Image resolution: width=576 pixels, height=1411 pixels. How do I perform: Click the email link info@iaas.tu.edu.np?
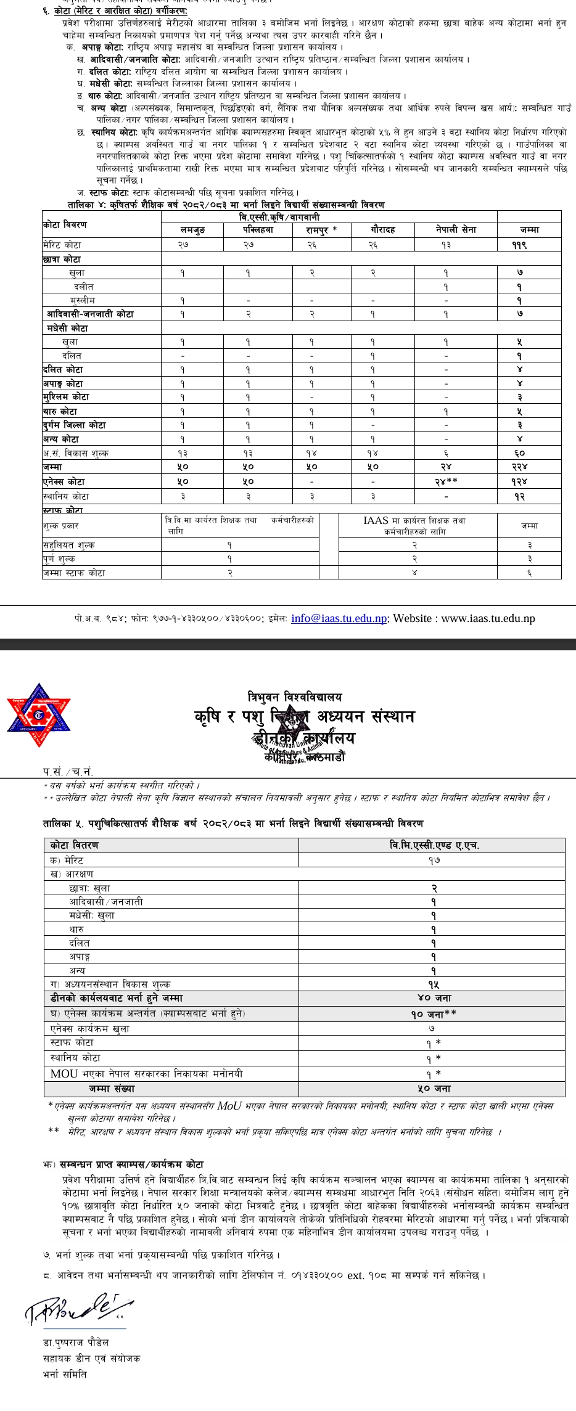(339, 618)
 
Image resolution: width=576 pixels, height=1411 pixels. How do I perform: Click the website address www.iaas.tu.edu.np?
(488, 618)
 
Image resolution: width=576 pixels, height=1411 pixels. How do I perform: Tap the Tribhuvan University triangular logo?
(39, 715)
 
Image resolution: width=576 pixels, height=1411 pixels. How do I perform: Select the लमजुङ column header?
(192, 230)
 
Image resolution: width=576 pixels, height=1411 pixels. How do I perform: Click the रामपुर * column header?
(321, 230)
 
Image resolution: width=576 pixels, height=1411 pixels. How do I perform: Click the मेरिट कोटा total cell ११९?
(529, 245)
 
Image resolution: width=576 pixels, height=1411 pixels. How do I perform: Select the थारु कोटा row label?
(60, 411)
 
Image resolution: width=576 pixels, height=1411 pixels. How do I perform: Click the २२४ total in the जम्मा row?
(529, 467)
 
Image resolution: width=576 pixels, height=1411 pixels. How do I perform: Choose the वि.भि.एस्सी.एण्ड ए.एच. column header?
(431, 845)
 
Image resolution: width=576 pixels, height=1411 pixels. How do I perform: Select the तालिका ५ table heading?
(233, 824)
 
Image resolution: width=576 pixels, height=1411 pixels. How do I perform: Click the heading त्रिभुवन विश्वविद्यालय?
(295, 697)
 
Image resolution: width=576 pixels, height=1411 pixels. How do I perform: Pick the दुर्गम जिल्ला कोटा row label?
(74, 425)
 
